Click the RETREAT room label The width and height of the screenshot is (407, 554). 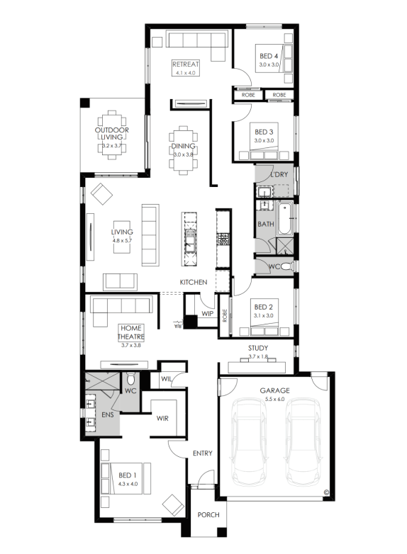pos(186,64)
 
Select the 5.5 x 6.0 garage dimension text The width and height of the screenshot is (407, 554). pos(274,400)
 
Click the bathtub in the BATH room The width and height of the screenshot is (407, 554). pos(284,218)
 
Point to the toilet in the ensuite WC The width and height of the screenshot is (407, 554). pos(130,379)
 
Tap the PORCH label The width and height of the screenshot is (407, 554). pos(208,515)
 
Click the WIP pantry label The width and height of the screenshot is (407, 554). pos(207,313)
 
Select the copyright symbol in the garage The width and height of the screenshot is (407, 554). pos(325,492)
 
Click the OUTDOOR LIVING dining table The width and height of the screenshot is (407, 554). pos(112,135)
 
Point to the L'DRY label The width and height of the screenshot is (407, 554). pos(279,174)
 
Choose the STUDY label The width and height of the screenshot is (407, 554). pos(258,348)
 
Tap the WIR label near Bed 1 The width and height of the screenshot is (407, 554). pos(162,418)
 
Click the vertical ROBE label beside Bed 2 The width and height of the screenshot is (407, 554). pos(225,315)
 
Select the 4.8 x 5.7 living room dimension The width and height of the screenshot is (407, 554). pos(122,241)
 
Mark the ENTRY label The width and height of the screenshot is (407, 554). pos(203,453)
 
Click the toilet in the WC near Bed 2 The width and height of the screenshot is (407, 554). pos(287,266)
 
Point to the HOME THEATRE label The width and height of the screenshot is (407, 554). pos(131,332)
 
